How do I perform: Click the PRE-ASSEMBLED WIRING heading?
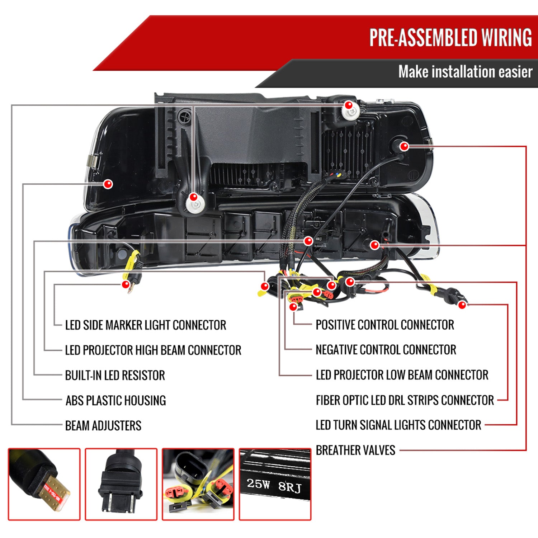click(x=450, y=37)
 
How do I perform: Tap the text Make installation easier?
click(x=465, y=72)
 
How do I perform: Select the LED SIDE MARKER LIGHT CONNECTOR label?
click(x=146, y=325)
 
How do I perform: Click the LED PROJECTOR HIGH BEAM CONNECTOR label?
click(x=153, y=350)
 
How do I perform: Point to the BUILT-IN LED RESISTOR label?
click(x=115, y=376)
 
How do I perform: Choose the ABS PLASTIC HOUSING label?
click(x=115, y=401)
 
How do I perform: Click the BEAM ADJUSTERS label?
click(x=103, y=426)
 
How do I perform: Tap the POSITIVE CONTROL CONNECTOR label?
click(x=385, y=325)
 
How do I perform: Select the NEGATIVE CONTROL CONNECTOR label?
click(x=386, y=350)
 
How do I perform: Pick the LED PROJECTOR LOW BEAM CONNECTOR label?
click(x=402, y=375)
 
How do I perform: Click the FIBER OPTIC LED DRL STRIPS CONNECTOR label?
click(x=405, y=400)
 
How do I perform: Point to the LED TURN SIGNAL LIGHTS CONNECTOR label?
click(x=398, y=425)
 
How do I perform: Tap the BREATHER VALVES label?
click(x=355, y=450)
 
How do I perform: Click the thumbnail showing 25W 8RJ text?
click(x=275, y=484)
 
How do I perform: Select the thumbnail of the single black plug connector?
click(x=121, y=484)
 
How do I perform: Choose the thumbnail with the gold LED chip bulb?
click(x=44, y=484)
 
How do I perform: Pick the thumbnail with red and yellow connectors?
click(x=198, y=484)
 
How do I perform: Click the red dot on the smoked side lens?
click(x=108, y=184)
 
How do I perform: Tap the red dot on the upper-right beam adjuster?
click(x=348, y=105)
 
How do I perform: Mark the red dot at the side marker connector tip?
click(x=126, y=285)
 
